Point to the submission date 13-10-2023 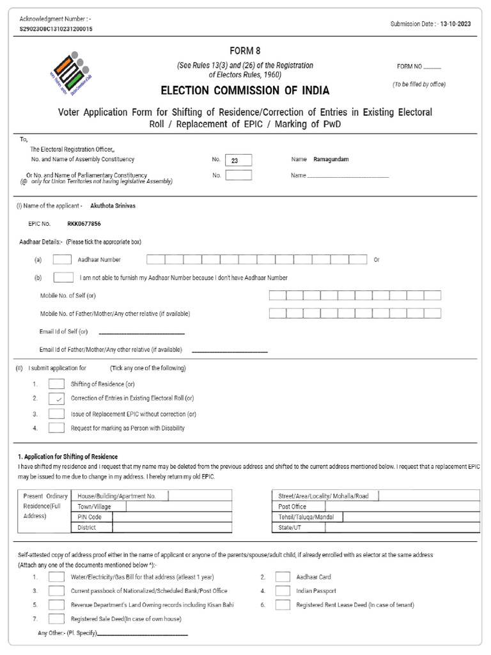point(460,24)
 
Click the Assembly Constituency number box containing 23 point(238,161)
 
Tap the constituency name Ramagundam point(331,159)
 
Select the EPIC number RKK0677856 point(84,225)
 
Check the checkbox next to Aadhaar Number point(62,260)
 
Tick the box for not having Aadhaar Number point(63,278)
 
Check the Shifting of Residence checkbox point(57,384)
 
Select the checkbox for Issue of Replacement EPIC point(57,414)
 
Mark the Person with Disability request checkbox point(57,428)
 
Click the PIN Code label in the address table point(90,517)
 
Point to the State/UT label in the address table point(289,528)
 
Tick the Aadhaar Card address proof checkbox point(283,576)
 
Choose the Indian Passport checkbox point(283,591)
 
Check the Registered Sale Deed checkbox point(57,619)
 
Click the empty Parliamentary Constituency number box point(238,175)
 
